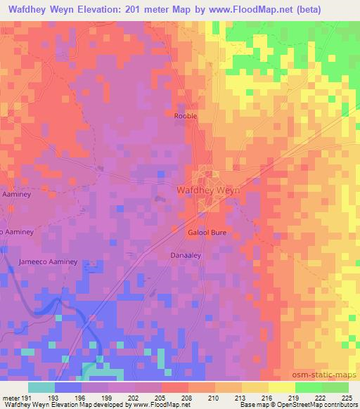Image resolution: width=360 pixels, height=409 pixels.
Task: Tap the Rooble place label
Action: [186, 116]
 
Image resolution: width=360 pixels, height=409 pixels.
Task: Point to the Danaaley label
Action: [186, 256]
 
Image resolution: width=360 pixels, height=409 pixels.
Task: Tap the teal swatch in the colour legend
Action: [41, 387]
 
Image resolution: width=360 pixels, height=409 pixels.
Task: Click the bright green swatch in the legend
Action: [308, 387]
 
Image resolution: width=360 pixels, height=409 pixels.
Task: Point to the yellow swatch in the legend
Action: [281, 387]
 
